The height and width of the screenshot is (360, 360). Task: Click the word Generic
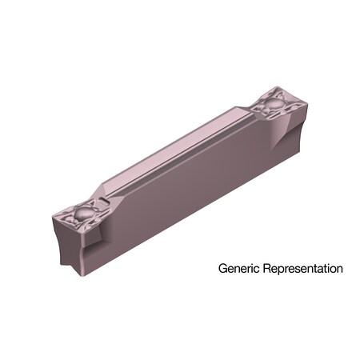point(238,270)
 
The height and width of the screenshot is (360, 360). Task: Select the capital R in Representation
point(266,269)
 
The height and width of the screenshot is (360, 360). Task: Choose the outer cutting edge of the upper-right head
point(296,109)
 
